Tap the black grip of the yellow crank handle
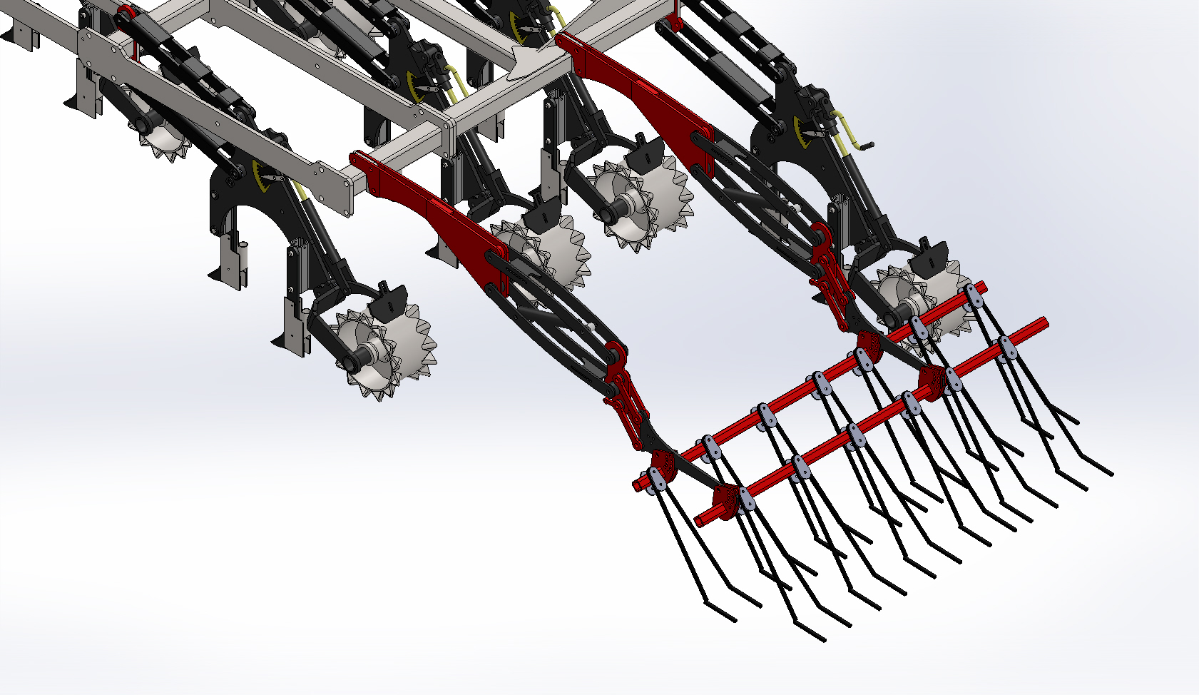point(865,146)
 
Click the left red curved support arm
point(428,207)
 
